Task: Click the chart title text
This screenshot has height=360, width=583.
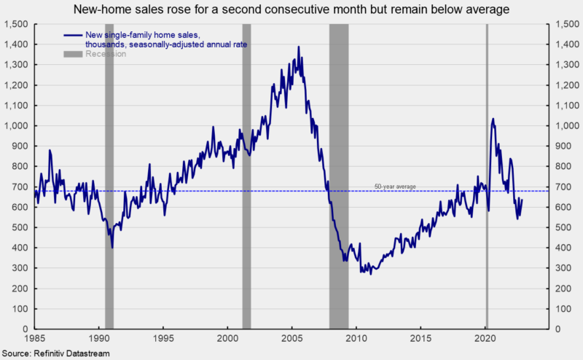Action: pos(291,9)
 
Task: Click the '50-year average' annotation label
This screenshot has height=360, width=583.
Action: pos(395,187)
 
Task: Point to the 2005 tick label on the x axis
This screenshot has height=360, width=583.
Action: pos(292,339)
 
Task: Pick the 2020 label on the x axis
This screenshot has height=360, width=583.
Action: pos(486,339)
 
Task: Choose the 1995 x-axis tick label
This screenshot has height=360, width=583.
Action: pos(163,339)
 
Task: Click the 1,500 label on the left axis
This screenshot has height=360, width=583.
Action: pos(16,24)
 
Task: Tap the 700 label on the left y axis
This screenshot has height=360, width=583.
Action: pos(20,187)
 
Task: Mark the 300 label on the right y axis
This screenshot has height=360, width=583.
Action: pos(560,268)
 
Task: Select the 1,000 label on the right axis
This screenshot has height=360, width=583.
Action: pos(563,125)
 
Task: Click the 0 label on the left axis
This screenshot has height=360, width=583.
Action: pos(25,329)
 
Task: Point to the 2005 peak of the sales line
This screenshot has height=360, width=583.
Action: pos(298,47)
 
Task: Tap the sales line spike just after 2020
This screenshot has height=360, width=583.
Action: pos(493,119)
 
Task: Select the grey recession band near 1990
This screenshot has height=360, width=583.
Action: pos(109,175)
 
